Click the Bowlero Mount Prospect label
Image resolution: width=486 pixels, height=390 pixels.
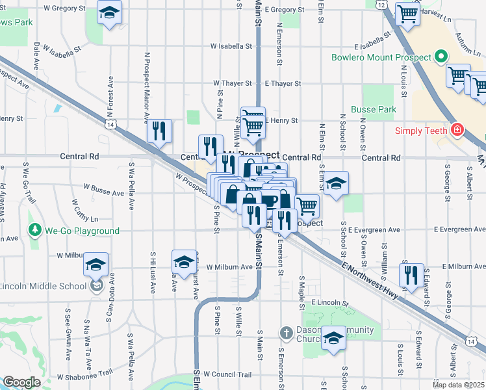click(x=381, y=57)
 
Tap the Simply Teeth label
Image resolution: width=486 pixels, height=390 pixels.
click(x=424, y=130)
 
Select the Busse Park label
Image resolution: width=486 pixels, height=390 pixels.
click(x=374, y=109)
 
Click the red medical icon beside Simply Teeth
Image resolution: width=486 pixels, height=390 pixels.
click(x=459, y=130)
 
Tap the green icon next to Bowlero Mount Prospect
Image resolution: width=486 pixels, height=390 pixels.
click(x=441, y=57)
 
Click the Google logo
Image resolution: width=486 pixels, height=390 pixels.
click(x=21, y=382)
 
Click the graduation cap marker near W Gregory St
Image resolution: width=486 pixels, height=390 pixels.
click(x=110, y=12)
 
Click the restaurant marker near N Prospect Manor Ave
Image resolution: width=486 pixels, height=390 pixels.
click(x=159, y=132)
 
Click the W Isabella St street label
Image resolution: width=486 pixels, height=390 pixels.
click(x=231, y=47)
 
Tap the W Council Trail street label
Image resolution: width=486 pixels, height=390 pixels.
click(x=227, y=374)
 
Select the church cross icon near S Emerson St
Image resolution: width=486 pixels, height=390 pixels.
click(x=286, y=333)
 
